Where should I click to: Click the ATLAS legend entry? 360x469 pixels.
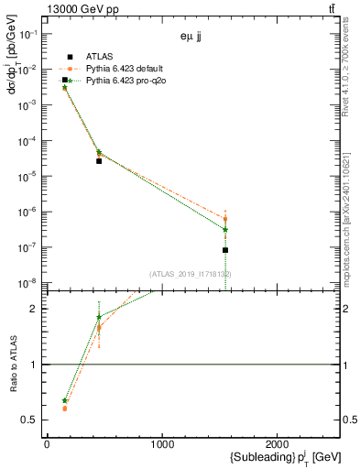(99, 56)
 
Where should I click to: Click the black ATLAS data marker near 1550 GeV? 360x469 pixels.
(225, 250)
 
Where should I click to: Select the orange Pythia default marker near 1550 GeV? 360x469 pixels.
(225, 219)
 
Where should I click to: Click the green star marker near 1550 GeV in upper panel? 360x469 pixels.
(225, 230)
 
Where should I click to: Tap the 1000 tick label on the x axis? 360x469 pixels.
(162, 443)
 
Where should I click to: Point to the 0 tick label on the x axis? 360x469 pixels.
(47, 443)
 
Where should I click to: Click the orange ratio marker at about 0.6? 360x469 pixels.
(65, 409)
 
